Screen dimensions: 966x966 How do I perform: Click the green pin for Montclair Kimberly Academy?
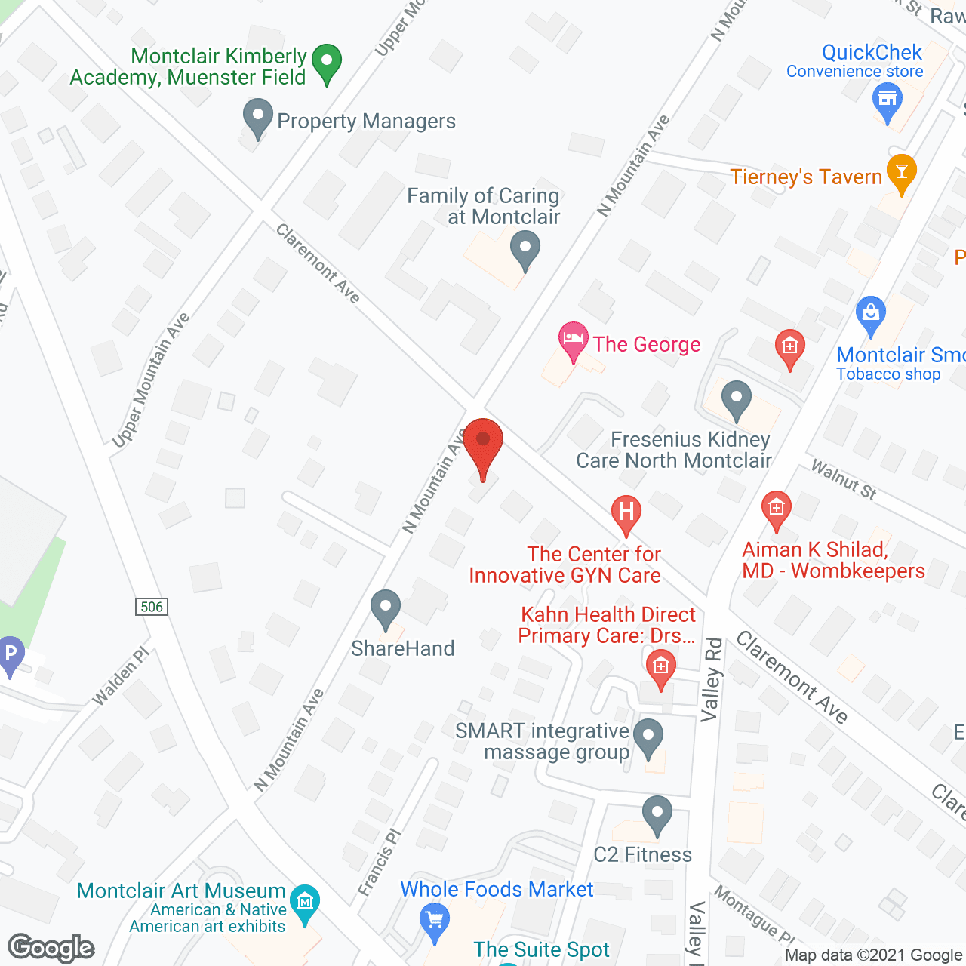pos(326,63)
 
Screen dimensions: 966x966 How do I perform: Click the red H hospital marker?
pos(626,513)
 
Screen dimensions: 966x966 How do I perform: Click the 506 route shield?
pos(152,607)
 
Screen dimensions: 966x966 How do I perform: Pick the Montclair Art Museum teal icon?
pos(305,903)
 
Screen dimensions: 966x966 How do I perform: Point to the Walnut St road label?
pos(843,480)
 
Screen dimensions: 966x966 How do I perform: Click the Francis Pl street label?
pos(380,863)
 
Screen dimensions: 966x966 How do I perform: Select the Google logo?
pos(51,947)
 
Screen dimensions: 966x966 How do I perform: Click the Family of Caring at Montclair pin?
pos(525,249)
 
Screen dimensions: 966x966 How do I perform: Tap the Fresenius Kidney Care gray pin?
pos(736,398)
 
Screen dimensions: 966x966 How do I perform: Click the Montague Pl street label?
pos(753,915)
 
